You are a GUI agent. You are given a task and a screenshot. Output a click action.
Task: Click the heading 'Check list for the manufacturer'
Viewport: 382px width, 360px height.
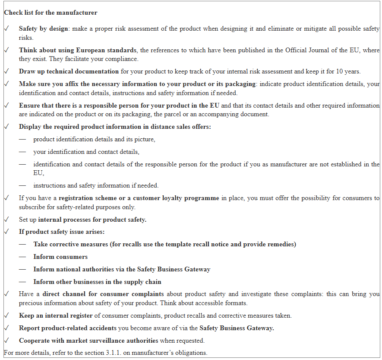51,13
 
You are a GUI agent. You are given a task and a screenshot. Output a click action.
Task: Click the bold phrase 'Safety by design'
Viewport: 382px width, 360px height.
43,29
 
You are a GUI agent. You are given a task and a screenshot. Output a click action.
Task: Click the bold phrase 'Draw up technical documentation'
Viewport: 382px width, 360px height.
69,71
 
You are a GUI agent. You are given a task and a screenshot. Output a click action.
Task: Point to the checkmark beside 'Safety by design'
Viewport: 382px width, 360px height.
6,29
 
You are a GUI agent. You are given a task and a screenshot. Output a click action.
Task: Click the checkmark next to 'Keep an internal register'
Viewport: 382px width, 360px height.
6,315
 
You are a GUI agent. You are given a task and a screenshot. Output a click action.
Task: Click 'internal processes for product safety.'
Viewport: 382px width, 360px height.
92,220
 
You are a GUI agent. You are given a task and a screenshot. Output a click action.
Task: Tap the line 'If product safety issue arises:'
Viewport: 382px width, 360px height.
62,232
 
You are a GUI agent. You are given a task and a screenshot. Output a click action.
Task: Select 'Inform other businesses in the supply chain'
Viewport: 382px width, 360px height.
97,282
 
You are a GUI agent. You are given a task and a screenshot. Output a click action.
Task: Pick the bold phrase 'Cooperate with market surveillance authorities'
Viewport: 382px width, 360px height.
88,341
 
